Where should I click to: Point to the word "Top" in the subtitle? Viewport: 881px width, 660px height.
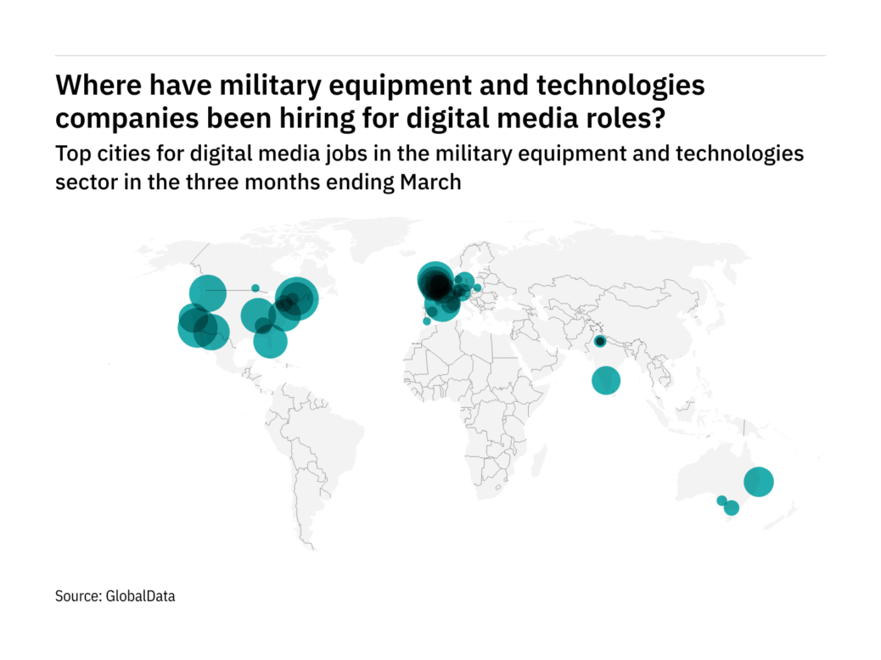(x=71, y=154)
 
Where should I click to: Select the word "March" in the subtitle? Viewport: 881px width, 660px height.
(x=430, y=182)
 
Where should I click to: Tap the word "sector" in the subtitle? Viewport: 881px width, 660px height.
(x=83, y=182)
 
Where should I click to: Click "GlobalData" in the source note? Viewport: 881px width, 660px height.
(x=140, y=596)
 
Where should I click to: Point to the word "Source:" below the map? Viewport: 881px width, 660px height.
(x=79, y=596)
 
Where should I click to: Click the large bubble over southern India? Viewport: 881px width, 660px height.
(x=606, y=380)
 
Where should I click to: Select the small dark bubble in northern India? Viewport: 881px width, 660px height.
(x=600, y=341)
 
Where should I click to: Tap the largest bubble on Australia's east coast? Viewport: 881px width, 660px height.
(x=758, y=482)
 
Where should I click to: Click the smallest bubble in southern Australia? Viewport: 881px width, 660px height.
(x=721, y=501)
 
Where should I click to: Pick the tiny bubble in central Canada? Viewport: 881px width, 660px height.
(x=255, y=288)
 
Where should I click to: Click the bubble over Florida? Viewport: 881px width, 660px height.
(x=271, y=342)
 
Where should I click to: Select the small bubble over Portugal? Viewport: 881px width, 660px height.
(x=426, y=322)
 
